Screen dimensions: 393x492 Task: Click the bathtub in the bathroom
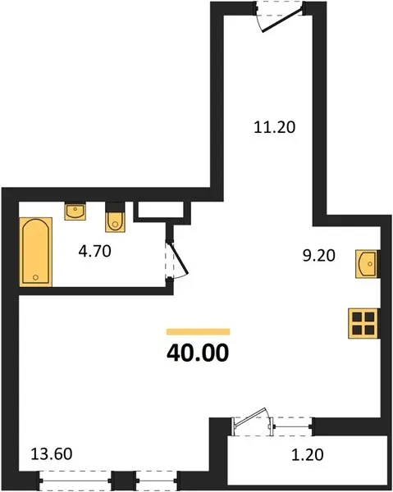point(36,252)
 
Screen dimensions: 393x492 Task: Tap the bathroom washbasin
point(75,212)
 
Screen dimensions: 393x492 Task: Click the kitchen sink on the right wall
point(367,263)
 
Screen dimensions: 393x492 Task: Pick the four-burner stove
point(363,324)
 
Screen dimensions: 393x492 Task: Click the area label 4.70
point(95,252)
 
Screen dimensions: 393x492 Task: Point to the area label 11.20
point(274,127)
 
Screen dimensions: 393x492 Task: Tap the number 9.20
point(319,255)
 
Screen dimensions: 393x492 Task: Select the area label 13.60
point(52,454)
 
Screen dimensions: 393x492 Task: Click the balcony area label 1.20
point(308,455)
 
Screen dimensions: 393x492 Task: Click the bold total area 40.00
point(198,353)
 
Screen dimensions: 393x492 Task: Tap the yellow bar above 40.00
point(198,331)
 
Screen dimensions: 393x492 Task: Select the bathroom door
point(179,258)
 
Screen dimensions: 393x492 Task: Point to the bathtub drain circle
point(35,277)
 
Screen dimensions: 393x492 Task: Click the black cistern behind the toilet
point(115,207)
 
